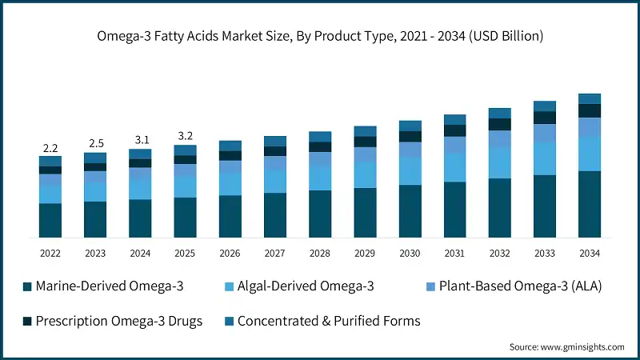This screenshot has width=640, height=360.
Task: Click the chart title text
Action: click(x=320, y=35)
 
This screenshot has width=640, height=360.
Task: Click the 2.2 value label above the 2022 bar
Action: click(x=50, y=148)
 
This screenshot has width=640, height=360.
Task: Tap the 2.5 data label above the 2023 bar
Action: click(x=96, y=143)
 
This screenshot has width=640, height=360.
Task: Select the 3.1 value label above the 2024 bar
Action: click(x=141, y=140)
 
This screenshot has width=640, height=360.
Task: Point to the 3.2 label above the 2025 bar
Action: click(x=186, y=135)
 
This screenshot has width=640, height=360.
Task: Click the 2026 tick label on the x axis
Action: click(x=230, y=253)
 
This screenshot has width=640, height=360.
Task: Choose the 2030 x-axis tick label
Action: click(x=410, y=253)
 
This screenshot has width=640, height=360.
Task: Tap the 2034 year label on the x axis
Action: click(x=590, y=253)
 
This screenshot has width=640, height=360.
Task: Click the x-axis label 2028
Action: click(x=320, y=253)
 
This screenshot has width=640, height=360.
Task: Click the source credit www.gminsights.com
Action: click(x=566, y=347)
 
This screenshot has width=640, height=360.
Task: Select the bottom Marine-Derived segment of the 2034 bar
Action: click(x=590, y=204)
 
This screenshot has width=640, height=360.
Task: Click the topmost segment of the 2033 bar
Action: click(x=545, y=106)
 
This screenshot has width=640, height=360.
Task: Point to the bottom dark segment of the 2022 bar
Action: click(x=50, y=221)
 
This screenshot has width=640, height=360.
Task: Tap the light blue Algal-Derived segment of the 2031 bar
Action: click(x=455, y=166)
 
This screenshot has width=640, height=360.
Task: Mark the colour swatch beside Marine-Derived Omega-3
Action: click(x=27, y=286)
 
